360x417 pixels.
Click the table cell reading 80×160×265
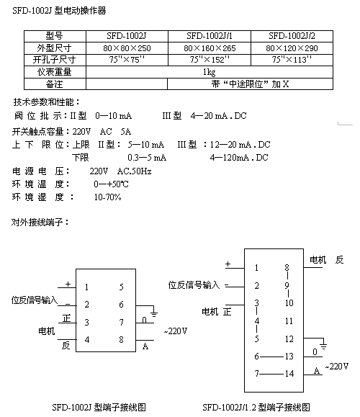tap(210, 48)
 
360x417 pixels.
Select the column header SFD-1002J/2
tap(292, 35)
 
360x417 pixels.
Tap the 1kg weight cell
tap(210, 72)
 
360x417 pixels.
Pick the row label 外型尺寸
tap(54, 48)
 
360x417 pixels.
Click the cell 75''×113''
tap(292, 60)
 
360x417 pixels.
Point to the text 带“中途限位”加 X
tap(250, 84)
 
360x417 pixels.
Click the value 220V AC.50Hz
tap(120, 171)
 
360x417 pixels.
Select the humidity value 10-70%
tap(108, 197)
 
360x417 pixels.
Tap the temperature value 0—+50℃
tap(111, 184)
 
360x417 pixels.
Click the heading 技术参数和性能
tap(46, 102)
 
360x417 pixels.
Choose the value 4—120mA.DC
tap(239, 158)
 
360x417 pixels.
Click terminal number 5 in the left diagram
tap(121, 287)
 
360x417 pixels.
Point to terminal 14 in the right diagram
tap(289, 374)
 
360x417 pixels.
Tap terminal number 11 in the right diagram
tap(289, 321)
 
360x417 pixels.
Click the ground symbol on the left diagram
tap(153, 314)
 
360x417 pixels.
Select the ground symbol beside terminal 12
tap(323, 346)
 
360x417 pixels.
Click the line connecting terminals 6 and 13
tap(271, 357)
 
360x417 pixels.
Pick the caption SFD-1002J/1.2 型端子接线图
tap(256, 407)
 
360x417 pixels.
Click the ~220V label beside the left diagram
tap(176, 331)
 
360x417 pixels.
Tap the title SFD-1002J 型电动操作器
tap(59, 11)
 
